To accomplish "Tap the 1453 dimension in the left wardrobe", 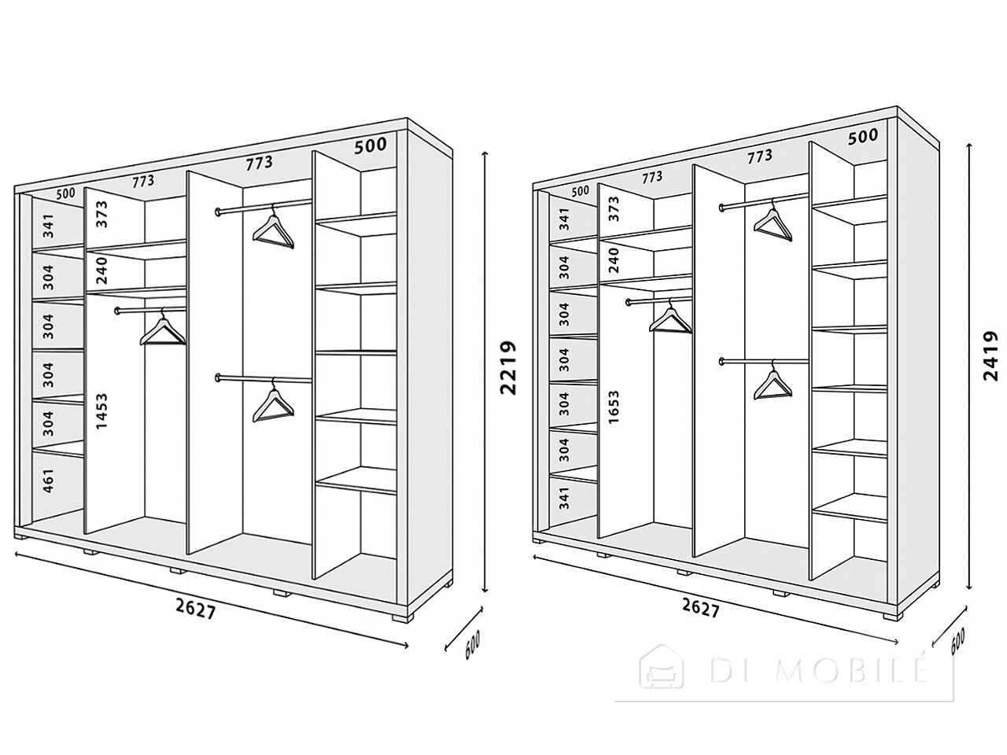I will pyautogui.click(x=102, y=411).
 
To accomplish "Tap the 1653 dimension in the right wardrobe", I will pyautogui.click(x=614, y=407).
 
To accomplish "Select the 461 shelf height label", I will pyautogui.click(x=50, y=480).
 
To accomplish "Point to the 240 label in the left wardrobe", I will pyautogui.click(x=102, y=271).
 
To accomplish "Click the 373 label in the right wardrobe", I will pyautogui.click(x=614, y=209).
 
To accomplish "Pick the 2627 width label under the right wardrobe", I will pyautogui.click(x=700, y=608).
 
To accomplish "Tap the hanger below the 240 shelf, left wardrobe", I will pyautogui.click(x=163, y=329).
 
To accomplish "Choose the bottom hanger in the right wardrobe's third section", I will pyautogui.click(x=772, y=383).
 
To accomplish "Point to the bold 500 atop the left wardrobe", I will pyautogui.click(x=371, y=145).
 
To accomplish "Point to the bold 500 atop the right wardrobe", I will pyautogui.click(x=863, y=136).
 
